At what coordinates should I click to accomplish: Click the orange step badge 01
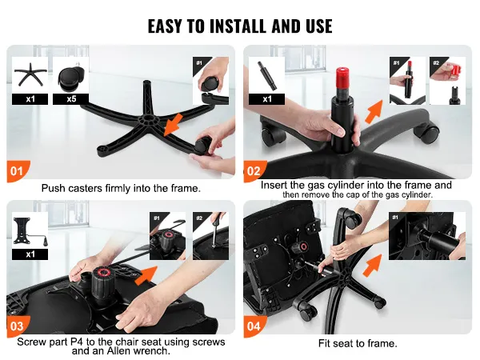[18, 171]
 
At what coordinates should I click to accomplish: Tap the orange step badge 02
[254, 171]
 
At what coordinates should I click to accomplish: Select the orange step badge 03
[18, 326]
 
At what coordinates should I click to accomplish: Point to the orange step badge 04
[254, 326]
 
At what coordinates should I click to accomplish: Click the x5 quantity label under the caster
[71, 99]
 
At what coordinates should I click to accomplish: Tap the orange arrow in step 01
[173, 125]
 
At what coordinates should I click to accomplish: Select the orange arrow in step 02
[374, 111]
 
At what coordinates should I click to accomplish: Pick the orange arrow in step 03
[147, 275]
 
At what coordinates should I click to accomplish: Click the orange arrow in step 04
[372, 265]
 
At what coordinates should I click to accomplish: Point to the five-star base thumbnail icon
[30, 74]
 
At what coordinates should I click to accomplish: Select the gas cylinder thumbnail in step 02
[267, 75]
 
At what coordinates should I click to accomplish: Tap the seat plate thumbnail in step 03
[30, 231]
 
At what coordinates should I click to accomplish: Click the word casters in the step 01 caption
[85, 188]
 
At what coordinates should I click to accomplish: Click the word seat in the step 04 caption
[343, 343]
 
